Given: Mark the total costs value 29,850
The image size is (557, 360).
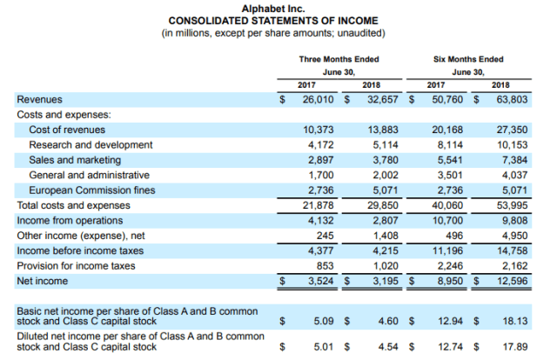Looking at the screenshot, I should (x=380, y=205).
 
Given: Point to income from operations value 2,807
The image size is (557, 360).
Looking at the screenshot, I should (x=384, y=221).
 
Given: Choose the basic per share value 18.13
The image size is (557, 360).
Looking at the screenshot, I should (x=515, y=321).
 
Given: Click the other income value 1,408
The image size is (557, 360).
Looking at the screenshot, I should (x=384, y=236).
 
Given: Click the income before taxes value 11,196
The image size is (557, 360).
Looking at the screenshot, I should (x=446, y=251).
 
